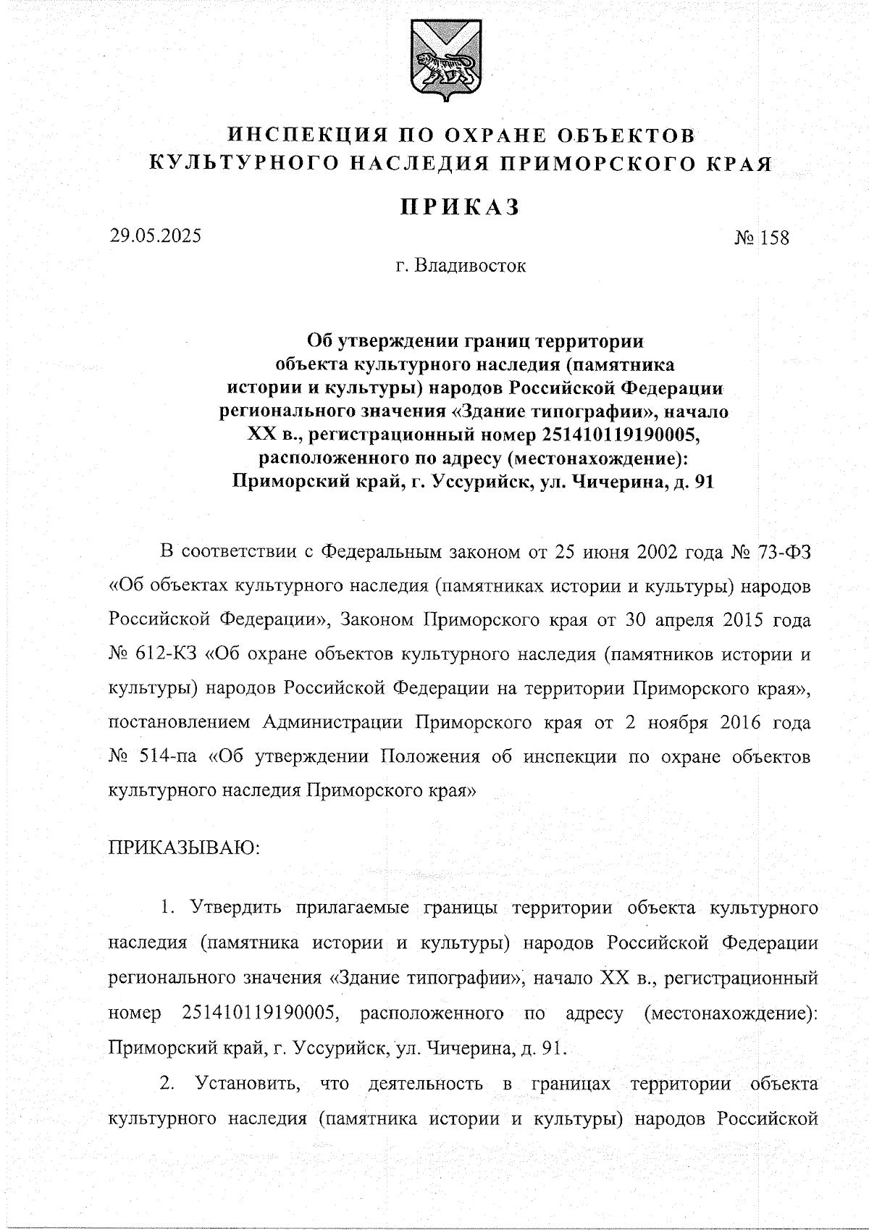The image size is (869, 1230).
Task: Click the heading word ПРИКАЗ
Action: point(461,207)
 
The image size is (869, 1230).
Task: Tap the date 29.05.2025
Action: point(155,235)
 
